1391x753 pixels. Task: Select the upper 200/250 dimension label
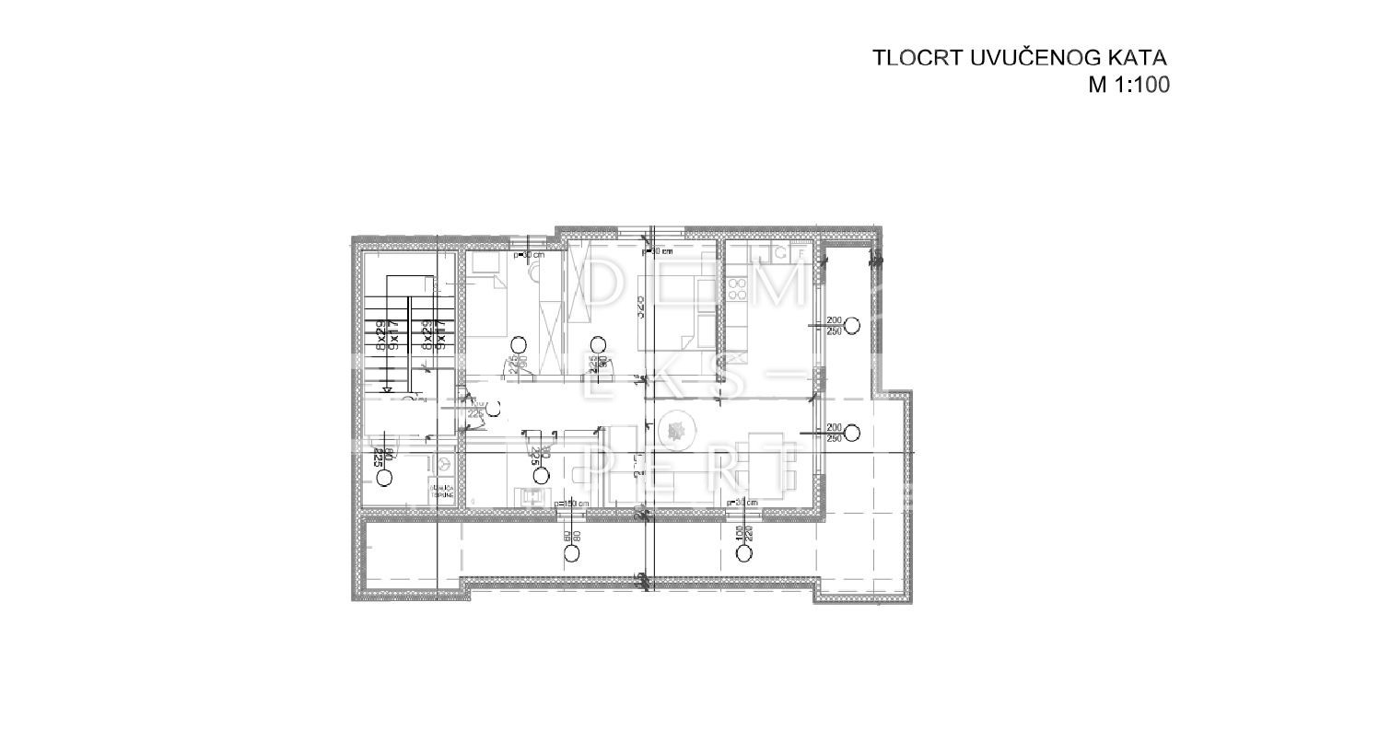pyautogui.click(x=835, y=325)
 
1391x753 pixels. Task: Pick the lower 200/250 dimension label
pyautogui.click(x=835, y=432)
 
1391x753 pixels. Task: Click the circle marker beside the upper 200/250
pyautogui.click(x=852, y=325)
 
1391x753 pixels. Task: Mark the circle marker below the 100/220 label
pyautogui.click(x=742, y=553)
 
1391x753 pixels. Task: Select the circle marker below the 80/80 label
pyautogui.click(x=572, y=553)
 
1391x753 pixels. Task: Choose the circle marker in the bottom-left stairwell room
pyautogui.click(x=383, y=477)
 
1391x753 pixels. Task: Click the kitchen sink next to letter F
pyautogui.click(x=779, y=252)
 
